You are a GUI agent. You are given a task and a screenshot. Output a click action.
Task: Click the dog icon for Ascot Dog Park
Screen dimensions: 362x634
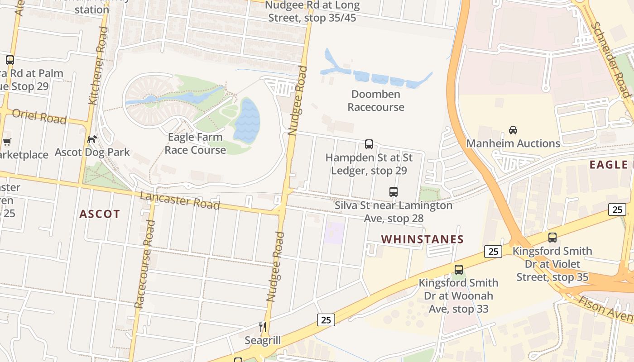point(92,139)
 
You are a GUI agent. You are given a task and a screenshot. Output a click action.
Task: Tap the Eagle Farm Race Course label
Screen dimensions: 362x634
point(195,143)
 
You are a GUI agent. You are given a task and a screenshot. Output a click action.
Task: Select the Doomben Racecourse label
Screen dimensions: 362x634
point(376,100)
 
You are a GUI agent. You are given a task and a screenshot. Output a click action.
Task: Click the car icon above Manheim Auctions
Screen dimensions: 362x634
point(513,130)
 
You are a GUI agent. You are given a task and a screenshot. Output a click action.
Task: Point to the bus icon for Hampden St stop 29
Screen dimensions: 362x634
point(369,144)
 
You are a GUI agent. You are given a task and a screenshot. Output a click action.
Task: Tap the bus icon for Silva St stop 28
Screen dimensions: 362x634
point(394,192)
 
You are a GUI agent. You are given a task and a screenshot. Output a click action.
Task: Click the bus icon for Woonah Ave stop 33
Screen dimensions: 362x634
point(459,270)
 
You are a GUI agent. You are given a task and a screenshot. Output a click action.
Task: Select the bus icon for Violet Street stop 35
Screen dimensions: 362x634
point(552,238)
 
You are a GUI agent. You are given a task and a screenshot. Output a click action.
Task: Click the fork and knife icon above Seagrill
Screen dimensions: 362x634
point(263,327)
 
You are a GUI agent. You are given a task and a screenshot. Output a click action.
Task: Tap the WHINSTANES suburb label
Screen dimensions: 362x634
point(423,239)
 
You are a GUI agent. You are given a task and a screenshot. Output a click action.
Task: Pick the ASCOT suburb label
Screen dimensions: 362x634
point(100,214)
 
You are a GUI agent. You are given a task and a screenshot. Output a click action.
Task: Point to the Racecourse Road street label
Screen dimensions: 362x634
point(145,264)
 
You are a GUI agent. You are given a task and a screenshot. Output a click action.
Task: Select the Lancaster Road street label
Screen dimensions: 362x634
point(180,200)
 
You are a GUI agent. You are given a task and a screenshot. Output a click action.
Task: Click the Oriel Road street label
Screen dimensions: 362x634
point(39,116)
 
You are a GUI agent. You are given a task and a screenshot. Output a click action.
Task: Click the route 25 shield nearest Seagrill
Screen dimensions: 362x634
point(326,320)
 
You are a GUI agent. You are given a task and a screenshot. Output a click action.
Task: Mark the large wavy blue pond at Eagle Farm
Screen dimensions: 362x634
point(246,120)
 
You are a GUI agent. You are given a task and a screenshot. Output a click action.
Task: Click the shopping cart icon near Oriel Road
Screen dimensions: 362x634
point(7,142)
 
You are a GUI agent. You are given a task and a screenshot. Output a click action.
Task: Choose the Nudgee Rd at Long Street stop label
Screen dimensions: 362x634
point(312,12)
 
